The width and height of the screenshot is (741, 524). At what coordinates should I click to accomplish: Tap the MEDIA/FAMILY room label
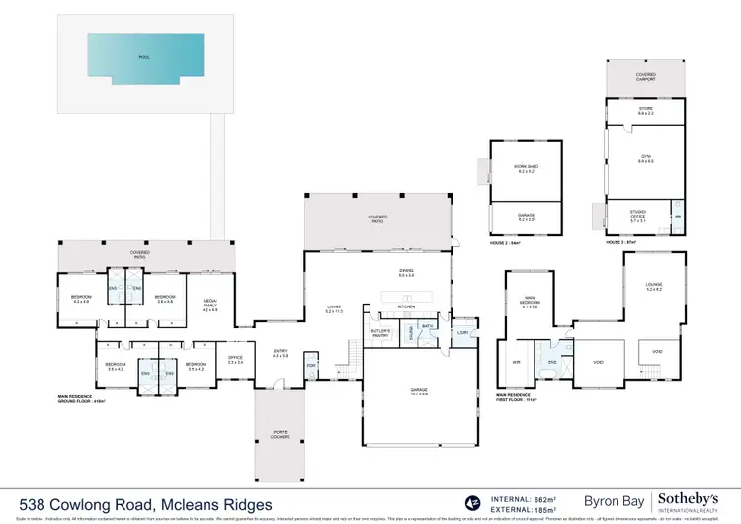209,305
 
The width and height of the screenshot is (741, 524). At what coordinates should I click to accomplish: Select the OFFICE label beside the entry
235,361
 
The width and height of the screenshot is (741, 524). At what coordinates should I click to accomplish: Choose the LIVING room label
334,308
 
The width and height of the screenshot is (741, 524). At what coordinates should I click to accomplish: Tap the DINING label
406,273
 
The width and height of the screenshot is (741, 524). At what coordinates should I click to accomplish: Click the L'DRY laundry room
462,333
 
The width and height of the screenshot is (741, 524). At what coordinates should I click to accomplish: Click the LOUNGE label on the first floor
653,288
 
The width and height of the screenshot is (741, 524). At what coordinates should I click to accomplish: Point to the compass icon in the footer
470,504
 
